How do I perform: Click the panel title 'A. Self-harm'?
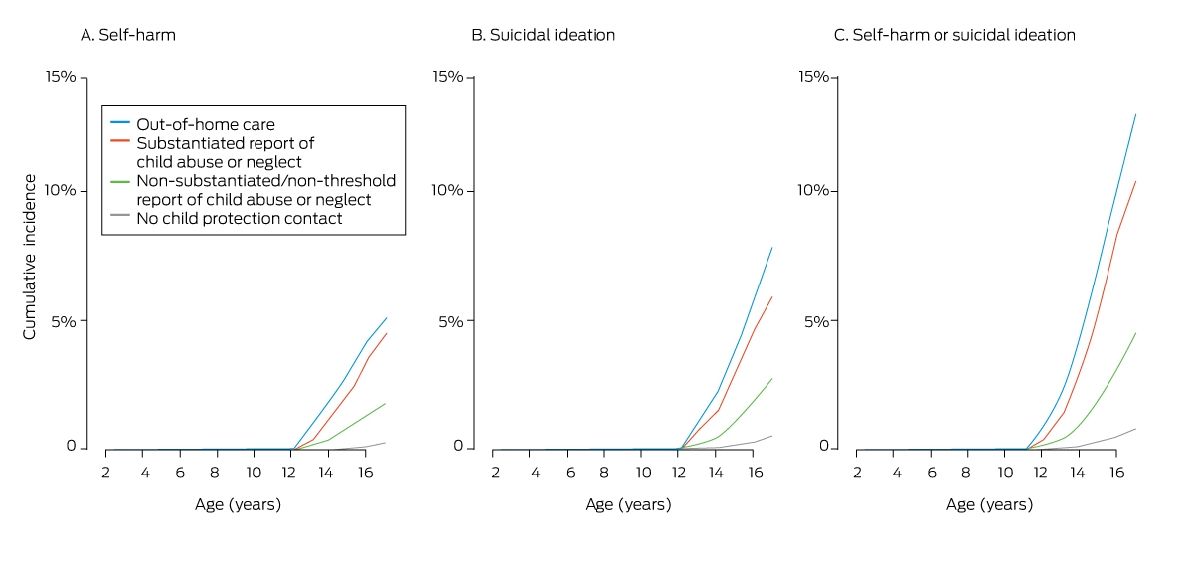128,35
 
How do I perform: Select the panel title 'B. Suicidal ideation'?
543,35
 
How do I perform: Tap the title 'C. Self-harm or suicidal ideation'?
954,35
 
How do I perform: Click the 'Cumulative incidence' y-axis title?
29,257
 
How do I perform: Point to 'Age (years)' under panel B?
628,504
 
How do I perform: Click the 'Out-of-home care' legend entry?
206,124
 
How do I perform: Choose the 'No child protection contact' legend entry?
240,219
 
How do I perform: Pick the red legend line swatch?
120,141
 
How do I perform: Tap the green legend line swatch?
120,182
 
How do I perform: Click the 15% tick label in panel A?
61,77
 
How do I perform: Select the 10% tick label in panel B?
447,190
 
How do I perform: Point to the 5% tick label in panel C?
816,321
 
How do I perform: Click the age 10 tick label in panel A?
254,473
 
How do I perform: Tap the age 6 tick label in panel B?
570,473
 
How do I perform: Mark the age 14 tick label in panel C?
1078,473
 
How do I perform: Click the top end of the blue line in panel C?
1136,114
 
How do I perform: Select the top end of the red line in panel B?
772,297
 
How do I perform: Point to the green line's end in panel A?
385,403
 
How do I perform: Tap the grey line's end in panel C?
1136,429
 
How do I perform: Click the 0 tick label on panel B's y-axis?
458,446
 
